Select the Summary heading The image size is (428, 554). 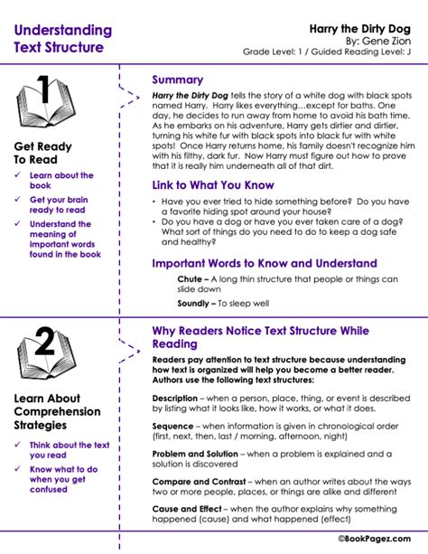[177, 80]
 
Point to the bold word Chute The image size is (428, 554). [190, 279]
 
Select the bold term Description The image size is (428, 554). [175, 398]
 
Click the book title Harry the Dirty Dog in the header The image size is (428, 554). [369, 28]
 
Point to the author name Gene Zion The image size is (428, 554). [391, 41]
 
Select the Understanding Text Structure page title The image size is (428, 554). [59, 39]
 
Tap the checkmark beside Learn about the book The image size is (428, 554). [16, 175]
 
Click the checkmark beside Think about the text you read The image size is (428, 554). [16, 446]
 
